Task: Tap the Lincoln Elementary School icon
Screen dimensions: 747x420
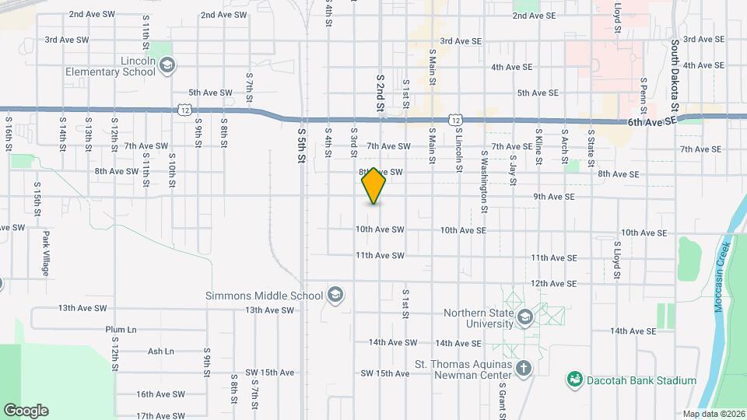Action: coord(167,66)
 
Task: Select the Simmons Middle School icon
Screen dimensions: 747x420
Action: coord(335,295)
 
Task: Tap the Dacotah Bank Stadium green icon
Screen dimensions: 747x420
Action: coord(575,380)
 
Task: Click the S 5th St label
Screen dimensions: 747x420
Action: coord(302,145)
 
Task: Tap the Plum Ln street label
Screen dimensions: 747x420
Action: coord(121,330)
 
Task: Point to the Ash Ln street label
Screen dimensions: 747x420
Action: coord(160,352)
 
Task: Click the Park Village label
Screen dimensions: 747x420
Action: coord(46,254)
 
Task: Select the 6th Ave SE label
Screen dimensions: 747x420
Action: coord(652,123)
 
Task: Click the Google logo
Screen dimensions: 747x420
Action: coord(26,410)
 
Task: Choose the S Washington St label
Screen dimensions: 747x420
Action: coord(483,182)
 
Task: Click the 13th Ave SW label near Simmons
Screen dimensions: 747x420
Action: coord(269,310)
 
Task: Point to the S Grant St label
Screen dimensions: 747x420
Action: coord(503,397)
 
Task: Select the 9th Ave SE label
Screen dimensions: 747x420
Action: coord(554,197)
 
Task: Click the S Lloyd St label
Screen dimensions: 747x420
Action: coord(616,259)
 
